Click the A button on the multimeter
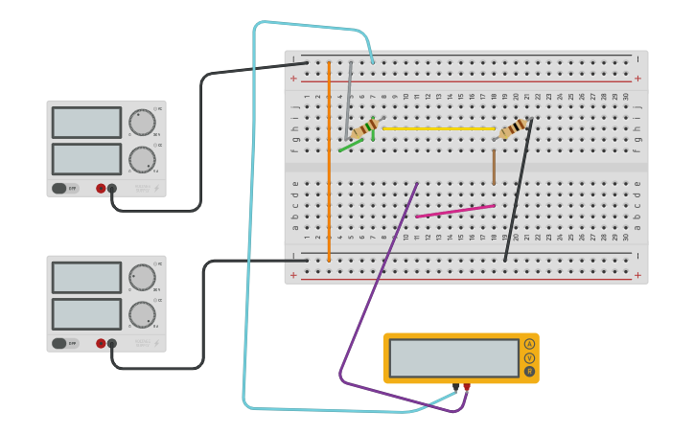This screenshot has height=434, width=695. click(529, 344)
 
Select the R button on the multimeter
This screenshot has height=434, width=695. click(529, 371)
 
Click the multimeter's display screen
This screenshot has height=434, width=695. click(453, 357)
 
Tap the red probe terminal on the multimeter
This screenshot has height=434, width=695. click(467, 387)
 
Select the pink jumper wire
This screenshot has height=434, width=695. click(455, 211)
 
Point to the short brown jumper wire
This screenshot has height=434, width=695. click(494, 167)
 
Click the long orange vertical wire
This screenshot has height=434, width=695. click(329, 163)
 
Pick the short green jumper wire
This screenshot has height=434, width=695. click(351, 146)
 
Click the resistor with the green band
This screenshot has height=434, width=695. click(364, 128)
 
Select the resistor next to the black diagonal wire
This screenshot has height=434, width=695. click(514, 127)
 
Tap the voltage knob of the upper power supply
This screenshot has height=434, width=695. click(142, 122)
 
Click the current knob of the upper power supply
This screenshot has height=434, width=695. click(142, 159)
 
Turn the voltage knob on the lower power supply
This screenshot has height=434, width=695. click(142, 278)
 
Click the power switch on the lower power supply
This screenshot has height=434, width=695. click(59, 343)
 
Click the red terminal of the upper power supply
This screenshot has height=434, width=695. click(101, 189)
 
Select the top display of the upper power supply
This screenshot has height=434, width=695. click(86, 122)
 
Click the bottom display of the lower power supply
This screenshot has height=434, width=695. click(86, 314)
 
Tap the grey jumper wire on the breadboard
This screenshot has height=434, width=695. click(349, 101)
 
